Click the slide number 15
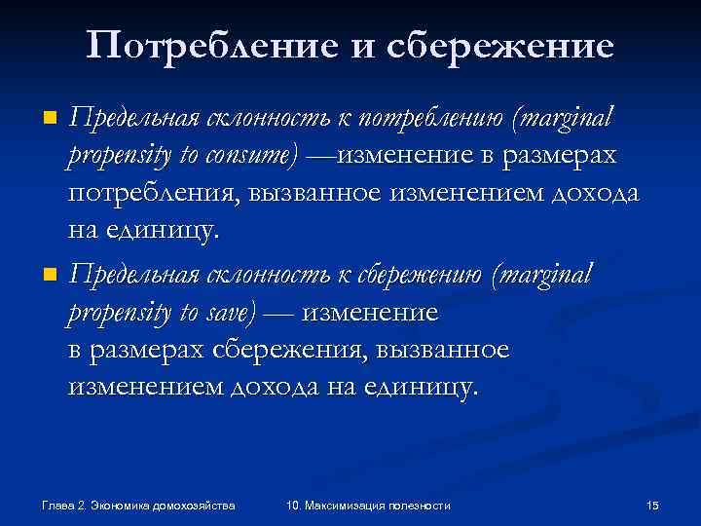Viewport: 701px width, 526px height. pyautogui.click(x=653, y=506)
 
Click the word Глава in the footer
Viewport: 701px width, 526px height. pyautogui.click(x=56, y=506)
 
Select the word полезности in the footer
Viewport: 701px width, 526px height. pyautogui.click(x=421, y=506)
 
